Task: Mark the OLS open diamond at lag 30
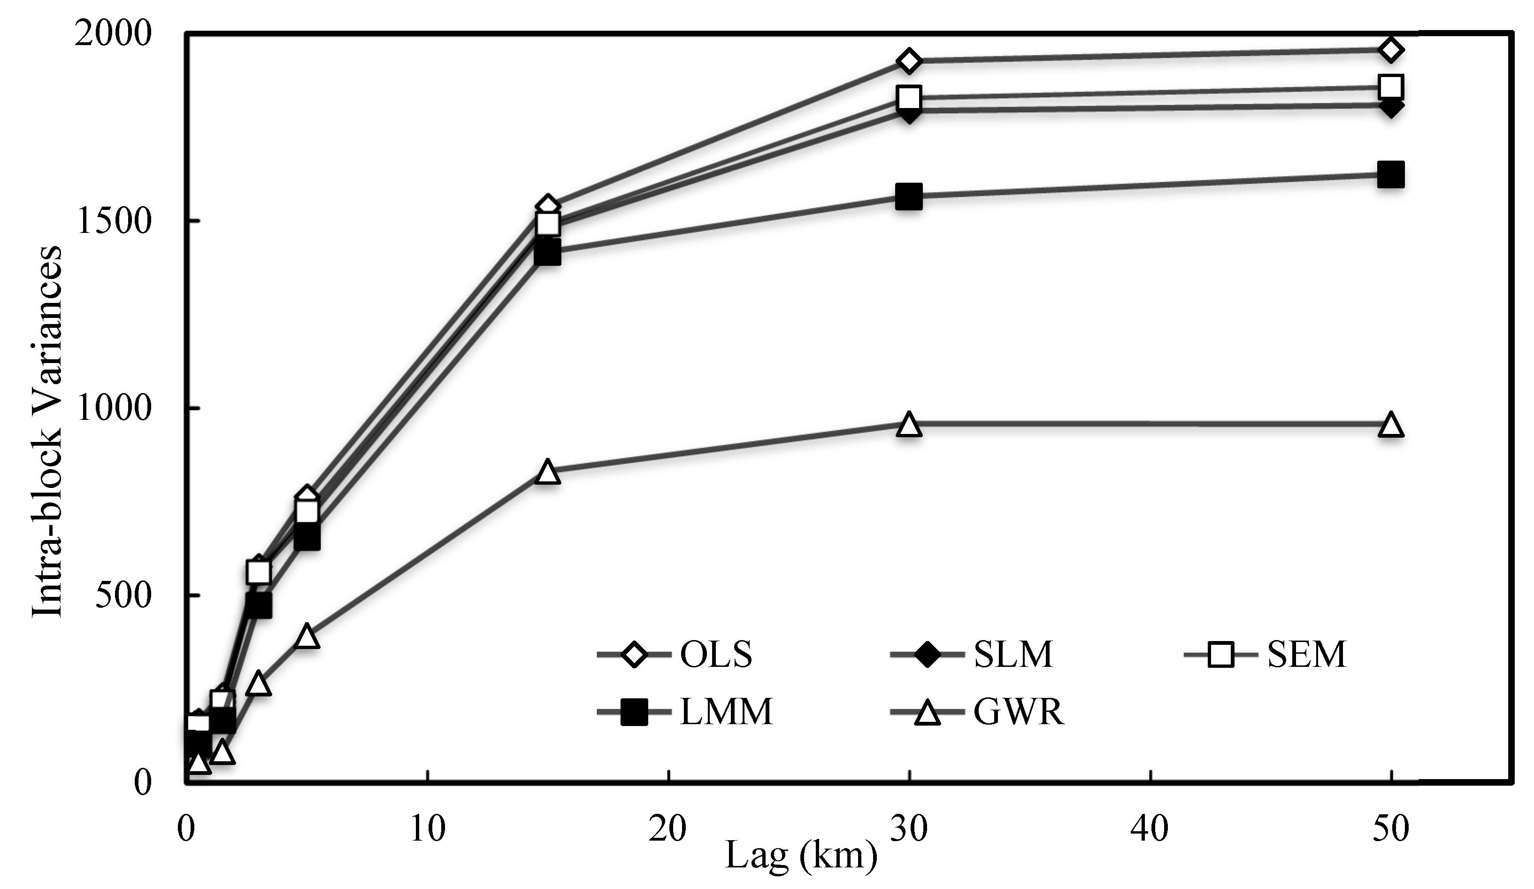909,61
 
